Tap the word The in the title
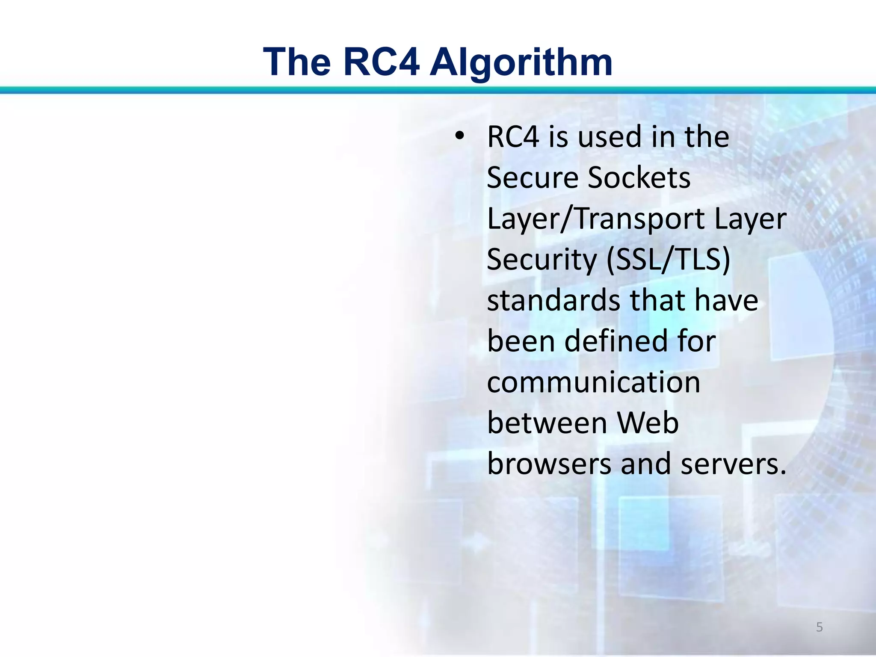[x=297, y=62]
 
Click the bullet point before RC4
[x=459, y=136]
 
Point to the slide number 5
[x=819, y=627]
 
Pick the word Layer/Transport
[x=595, y=219]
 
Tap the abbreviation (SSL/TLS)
[x=668, y=260]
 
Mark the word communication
[x=593, y=382]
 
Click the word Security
[x=542, y=260]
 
